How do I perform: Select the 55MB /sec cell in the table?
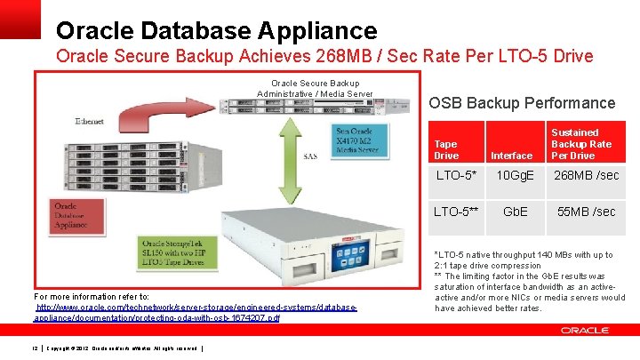click(587, 212)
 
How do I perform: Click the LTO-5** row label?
click(456, 212)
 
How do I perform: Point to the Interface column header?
click(512, 156)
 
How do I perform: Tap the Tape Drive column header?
click(446, 149)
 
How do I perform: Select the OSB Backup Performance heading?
click(522, 103)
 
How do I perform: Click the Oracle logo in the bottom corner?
click(585, 330)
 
